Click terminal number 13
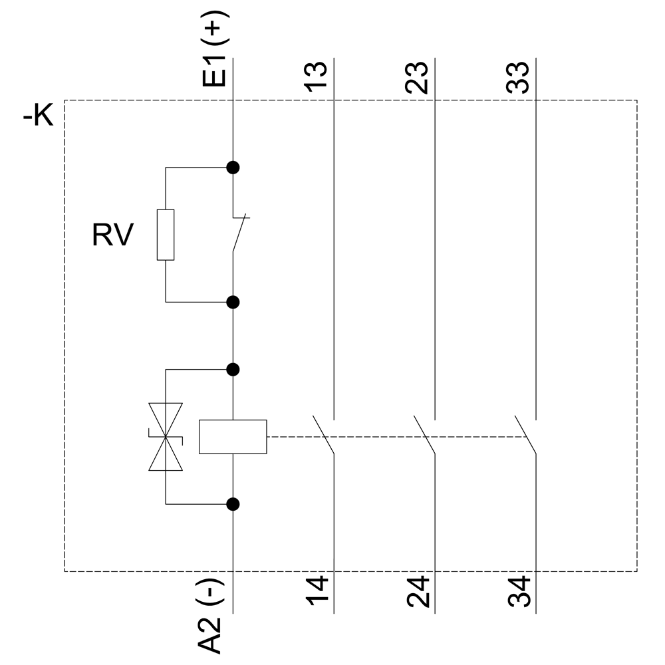tap(318, 76)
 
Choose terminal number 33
tap(520, 76)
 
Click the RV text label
tap(113, 235)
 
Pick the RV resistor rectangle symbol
tap(166, 235)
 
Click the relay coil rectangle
tap(233, 437)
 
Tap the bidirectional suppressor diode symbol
tap(166, 436)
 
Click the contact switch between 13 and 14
tap(324, 436)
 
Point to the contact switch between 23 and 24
tap(425, 436)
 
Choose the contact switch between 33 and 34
tap(526, 436)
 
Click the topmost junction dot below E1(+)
tap(233, 168)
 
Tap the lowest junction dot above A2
tap(233, 504)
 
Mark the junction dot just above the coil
tap(233, 369)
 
